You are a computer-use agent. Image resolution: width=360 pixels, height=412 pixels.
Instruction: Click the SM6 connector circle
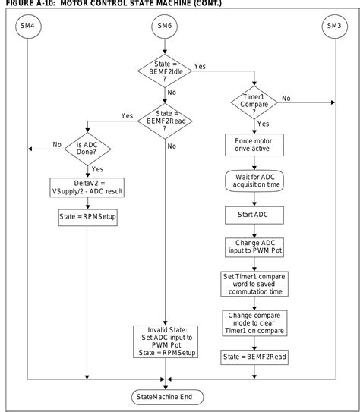coord(165,26)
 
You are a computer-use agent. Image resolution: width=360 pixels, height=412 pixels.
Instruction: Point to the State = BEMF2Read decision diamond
coord(165,118)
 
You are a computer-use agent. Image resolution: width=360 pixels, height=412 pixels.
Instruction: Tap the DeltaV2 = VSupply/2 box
coord(87,187)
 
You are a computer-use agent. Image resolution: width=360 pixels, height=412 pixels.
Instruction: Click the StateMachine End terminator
coord(164,396)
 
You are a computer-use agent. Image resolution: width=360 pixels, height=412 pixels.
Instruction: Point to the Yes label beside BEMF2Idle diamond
coord(200,67)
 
